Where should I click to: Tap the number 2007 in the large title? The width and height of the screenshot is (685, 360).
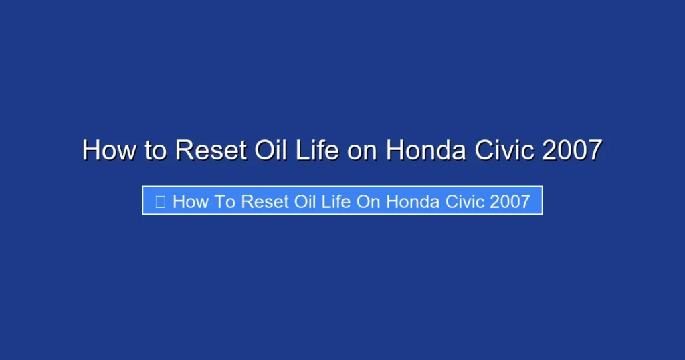tap(573, 150)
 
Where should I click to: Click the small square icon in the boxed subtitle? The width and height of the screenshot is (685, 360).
tap(161, 201)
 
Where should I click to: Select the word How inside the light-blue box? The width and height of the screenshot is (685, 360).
tap(191, 201)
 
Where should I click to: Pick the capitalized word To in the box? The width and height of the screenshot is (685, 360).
tap(226, 201)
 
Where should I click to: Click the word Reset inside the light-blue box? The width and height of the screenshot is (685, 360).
tap(268, 201)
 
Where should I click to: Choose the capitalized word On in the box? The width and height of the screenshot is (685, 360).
tap(369, 201)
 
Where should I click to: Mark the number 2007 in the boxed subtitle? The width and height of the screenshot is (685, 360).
tap(510, 201)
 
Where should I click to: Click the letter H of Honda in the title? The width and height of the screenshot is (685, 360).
tap(395, 150)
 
